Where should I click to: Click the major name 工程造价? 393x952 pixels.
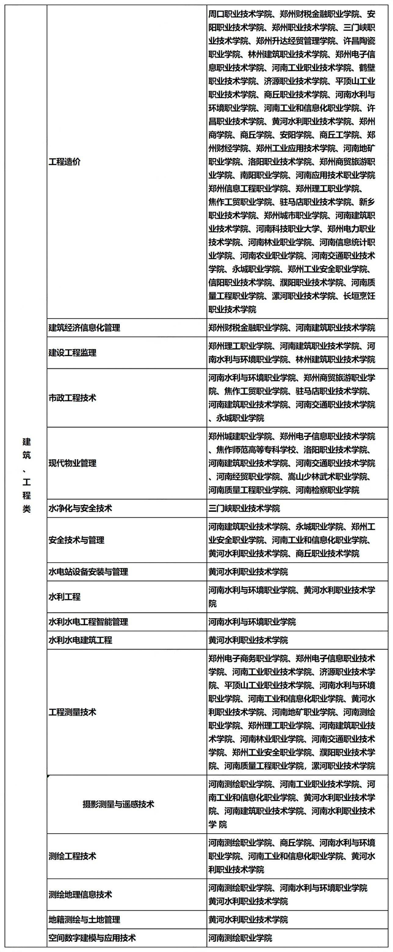click(64, 162)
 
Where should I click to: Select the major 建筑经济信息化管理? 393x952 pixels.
click(84, 328)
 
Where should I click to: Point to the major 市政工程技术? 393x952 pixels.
click(72, 398)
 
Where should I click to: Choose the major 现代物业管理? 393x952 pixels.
click(72, 463)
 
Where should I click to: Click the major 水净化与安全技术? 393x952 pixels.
click(80, 509)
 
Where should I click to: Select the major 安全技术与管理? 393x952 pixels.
click(77, 540)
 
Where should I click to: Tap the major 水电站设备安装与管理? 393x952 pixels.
click(88, 572)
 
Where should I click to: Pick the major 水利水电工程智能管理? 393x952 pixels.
click(88, 622)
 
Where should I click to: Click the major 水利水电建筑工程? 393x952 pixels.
click(80, 640)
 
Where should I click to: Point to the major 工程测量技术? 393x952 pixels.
click(72, 712)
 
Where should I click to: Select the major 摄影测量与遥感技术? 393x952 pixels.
click(118, 805)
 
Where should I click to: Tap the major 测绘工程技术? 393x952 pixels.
click(72, 856)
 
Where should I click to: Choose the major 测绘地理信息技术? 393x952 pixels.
click(80, 895)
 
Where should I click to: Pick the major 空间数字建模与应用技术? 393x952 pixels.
click(92, 938)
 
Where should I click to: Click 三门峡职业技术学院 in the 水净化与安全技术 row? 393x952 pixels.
click(244, 509)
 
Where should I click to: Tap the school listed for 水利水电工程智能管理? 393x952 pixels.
click(252, 622)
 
